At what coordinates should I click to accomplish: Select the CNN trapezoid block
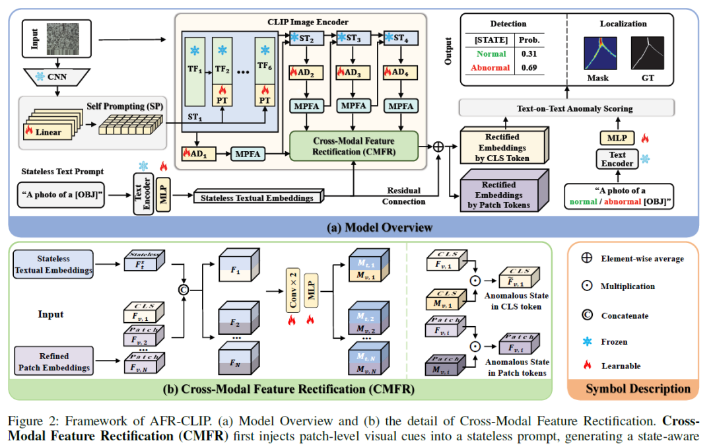click(x=58, y=78)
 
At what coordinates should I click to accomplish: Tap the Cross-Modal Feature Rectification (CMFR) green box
click(x=354, y=146)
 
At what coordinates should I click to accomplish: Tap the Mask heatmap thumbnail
click(x=597, y=53)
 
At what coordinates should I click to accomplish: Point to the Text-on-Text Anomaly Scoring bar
click(x=567, y=108)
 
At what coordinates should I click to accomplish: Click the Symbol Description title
click(x=638, y=388)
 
